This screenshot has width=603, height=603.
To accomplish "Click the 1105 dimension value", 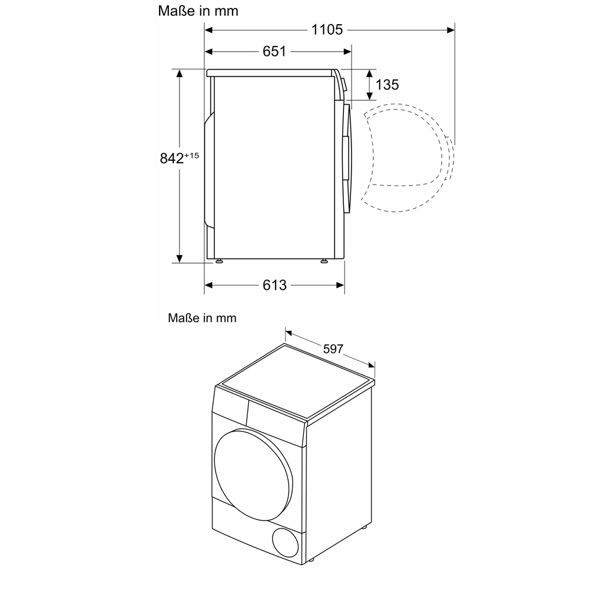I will (x=327, y=29).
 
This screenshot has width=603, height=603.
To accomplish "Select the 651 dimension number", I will (x=274, y=52).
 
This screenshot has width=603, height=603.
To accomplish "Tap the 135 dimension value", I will (x=387, y=85).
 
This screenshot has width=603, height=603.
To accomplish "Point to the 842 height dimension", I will (x=171, y=158).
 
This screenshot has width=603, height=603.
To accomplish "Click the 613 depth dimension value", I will (x=274, y=286).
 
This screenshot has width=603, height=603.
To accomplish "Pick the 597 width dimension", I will (x=333, y=349).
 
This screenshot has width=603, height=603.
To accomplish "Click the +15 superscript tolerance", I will (x=192, y=155).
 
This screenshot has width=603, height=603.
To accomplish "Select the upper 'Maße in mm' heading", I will (x=198, y=11).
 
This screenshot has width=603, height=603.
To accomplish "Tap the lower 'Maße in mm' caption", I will (x=202, y=318).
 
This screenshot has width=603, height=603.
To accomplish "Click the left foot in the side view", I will (x=219, y=261).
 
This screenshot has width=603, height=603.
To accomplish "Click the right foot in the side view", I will (x=324, y=261).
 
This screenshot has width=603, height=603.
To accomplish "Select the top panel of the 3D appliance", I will (x=294, y=383).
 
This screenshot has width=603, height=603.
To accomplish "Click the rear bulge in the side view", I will (x=208, y=171).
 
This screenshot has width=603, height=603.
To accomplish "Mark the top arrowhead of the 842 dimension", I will (x=179, y=73).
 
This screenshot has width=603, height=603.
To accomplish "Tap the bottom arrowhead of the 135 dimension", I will (x=369, y=95).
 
